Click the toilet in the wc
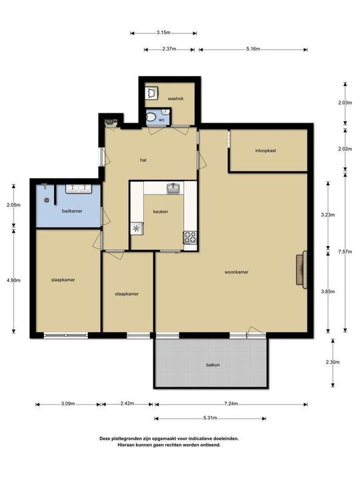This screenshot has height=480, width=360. [x=151, y=117]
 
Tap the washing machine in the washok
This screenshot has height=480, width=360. [x=151, y=93]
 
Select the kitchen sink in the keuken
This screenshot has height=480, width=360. [x=173, y=188]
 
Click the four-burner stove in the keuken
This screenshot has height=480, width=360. [x=190, y=237]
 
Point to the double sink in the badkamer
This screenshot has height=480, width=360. [x=79, y=189]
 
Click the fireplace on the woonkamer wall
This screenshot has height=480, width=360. [x=301, y=270]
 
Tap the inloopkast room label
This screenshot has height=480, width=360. [x=266, y=151]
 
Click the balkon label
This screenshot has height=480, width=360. [x=213, y=365]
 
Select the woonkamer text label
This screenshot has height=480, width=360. [x=236, y=272]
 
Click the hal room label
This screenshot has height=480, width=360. [x=143, y=160]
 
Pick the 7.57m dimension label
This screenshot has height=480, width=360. [x=345, y=251]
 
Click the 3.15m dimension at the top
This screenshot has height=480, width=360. [x=163, y=33]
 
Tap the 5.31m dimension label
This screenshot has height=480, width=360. [x=210, y=418]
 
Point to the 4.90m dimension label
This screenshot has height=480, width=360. [x=13, y=280]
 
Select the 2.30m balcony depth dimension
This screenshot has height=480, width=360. [x=333, y=362]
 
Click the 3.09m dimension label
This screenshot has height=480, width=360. [x=68, y=403]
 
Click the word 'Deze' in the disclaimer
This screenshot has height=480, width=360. [x=105, y=439]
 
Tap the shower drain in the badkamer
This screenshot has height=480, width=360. [x=47, y=200]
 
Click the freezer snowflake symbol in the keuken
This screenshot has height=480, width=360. [x=137, y=229]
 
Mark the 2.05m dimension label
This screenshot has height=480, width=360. [x=13, y=205]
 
